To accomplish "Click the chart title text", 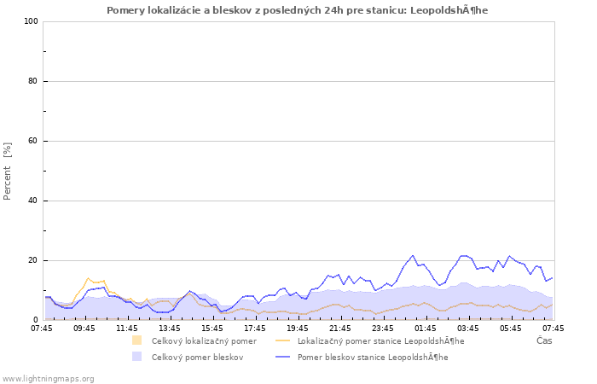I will (x=298, y=10).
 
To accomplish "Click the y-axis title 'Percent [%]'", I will (x=8, y=171).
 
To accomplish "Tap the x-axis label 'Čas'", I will (x=543, y=340).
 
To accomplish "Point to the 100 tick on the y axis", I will (x=31, y=21).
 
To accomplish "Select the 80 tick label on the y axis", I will (x=33, y=81).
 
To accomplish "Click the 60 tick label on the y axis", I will (x=33, y=141).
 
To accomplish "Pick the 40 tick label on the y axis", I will (x=33, y=201).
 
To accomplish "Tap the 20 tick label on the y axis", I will (x=33, y=260).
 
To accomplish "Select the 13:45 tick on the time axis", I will (x=170, y=327).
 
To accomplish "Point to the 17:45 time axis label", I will (x=255, y=327).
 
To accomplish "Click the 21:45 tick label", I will (x=340, y=327).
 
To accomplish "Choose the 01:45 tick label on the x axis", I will (x=426, y=327).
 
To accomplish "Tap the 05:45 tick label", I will (x=511, y=327).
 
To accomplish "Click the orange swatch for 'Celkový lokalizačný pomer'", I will (x=136, y=340).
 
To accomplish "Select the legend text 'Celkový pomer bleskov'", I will (x=197, y=357).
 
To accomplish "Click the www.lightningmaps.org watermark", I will (x=48, y=378).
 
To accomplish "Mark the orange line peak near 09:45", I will (x=88, y=278).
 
